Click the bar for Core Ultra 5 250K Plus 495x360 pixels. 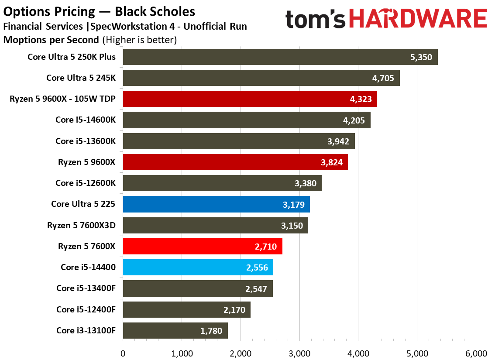coord(280,57)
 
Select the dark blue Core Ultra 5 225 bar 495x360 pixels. coord(216,204)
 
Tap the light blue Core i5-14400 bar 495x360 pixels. coord(198,267)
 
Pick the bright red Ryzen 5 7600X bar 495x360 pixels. coord(203,247)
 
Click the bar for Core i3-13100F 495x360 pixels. coord(175,330)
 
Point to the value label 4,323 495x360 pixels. coord(361,99)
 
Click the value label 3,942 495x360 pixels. coord(338,141)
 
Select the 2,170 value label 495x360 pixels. coord(234,310)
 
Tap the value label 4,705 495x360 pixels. coord(383,78)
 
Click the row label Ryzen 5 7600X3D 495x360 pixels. coord(81,225)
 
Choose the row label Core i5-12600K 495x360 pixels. coord(86,183)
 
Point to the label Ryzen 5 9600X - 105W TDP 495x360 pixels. coord(62,99)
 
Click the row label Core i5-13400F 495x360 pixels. coord(86,288)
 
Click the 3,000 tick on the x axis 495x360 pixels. coord(299,353)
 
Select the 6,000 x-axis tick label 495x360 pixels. coord(476,353)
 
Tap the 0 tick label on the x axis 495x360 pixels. coord(123,353)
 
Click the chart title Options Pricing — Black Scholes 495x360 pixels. coord(99,12)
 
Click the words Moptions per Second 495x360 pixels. coord(51,40)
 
